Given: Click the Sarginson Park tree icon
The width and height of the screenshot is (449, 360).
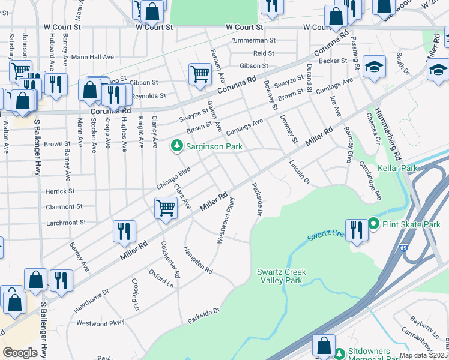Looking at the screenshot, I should (x=176, y=146).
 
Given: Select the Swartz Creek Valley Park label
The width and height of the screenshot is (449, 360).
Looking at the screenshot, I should (x=282, y=276).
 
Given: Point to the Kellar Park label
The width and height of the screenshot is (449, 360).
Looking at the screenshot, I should (x=397, y=169).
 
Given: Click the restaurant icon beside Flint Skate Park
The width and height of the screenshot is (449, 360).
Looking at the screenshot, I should (x=356, y=230).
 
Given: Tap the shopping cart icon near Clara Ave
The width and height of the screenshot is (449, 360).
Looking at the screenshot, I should (x=165, y=209).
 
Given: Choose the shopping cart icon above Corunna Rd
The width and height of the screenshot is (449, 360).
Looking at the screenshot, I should (x=199, y=74).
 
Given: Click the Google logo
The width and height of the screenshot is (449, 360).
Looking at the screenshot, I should (x=20, y=353).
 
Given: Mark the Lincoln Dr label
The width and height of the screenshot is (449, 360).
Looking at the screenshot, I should (x=299, y=172).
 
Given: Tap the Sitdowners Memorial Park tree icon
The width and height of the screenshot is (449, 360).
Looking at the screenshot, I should (x=340, y=352).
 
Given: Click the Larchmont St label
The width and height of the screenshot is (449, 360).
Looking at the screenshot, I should (x=66, y=223).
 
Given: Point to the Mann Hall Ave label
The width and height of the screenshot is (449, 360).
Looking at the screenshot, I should (x=92, y=57).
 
